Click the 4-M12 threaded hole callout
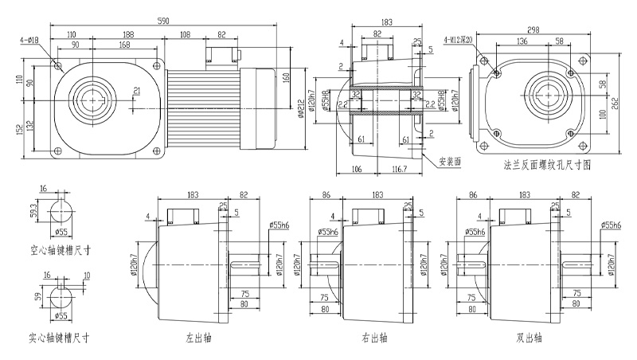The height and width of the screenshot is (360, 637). pos(457,38)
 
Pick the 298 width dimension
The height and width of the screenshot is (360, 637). pos(533,29)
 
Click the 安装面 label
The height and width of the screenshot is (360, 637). pos(450,159)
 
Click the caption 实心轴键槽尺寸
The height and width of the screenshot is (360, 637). pos(57,337)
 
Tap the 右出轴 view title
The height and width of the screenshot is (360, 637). pos(373,338)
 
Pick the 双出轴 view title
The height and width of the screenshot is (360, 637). pos(528,338)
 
